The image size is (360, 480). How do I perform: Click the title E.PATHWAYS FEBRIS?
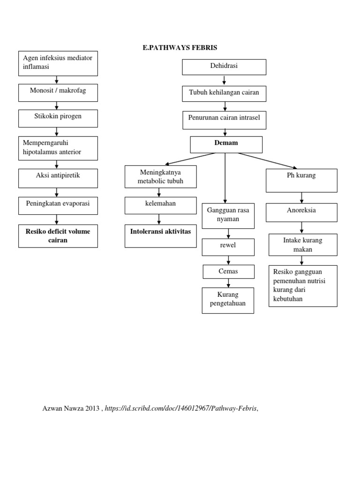click(x=180, y=48)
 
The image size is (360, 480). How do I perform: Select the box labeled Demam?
click(x=226, y=144)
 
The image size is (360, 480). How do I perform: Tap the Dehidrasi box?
click(x=224, y=67)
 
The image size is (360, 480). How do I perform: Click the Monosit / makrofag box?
click(x=58, y=92)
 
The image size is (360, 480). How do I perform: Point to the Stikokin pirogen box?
click(x=58, y=118)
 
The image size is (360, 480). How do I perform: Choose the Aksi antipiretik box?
click(x=58, y=178)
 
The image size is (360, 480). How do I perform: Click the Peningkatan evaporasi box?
click(x=58, y=205)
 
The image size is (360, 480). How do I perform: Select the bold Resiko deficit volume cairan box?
click(x=58, y=236)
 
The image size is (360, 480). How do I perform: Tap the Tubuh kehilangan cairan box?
click(x=224, y=94)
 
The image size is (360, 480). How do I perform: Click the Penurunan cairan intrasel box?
click(x=224, y=120)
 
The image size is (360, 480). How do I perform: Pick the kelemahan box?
click(x=160, y=205)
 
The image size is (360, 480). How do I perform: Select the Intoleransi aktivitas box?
click(x=160, y=235)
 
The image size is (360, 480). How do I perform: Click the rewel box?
click(x=228, y=247)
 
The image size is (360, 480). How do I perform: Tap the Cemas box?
click(x=228, y=271)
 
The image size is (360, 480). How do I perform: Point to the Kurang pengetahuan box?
click(x=228, y=300)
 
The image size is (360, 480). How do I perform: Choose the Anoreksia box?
click(x=301, y=212)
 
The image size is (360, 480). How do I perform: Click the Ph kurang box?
click(x=301, y=180)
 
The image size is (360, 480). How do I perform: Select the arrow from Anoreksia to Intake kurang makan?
click(x=301, y=227)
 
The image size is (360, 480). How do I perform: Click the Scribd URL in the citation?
click(x=181, y=409)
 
